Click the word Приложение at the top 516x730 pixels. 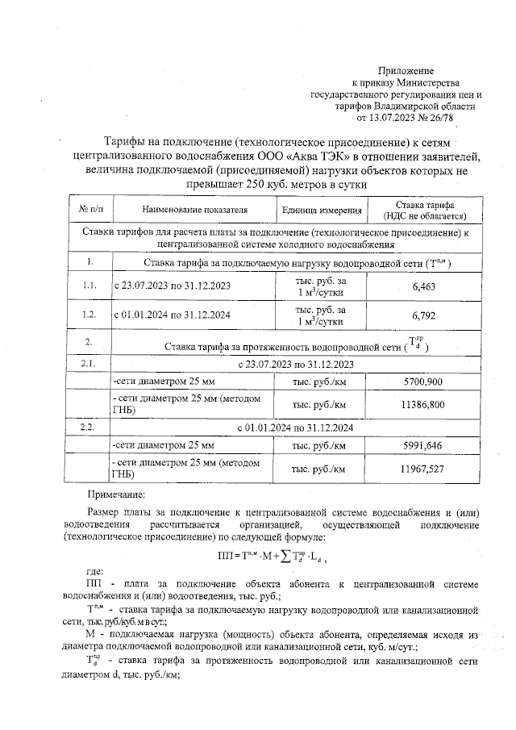[x=406, y=71]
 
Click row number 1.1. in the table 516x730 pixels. [x=89, y=286]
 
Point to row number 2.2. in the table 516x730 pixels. [x=89, y=425]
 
